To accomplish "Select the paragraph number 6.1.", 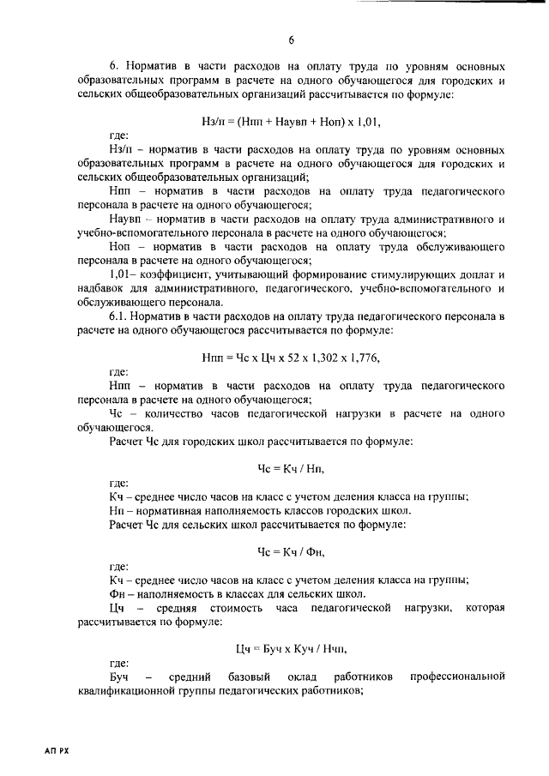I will pyautogui.click(x=120, y=317).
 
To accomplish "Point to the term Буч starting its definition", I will pyautogui.click(x=120, y=677).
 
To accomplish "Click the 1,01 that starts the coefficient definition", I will pyautogui.click(x=123, y=275).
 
